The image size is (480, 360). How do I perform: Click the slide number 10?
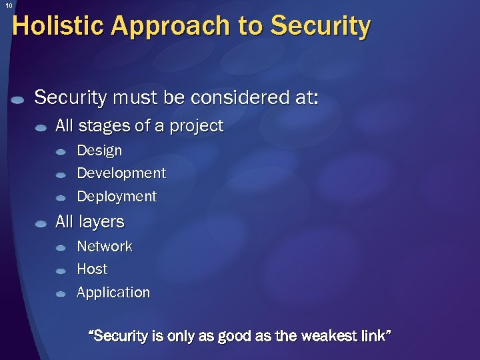(9, 5)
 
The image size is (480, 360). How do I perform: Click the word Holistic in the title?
(58, 27)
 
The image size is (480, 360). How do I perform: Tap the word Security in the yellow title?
(320, 27)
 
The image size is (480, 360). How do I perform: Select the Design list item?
(99, 151)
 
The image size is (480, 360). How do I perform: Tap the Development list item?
(121, 173)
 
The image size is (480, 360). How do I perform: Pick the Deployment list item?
(117, 197)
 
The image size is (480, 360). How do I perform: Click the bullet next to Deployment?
(61, 198)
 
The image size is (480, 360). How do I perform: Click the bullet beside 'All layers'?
(41, 223)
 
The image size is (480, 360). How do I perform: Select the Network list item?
(105, 247)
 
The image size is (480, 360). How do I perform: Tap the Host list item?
(92, 269)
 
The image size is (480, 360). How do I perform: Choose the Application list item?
(113, 293)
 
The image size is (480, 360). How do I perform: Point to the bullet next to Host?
(61, 271)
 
